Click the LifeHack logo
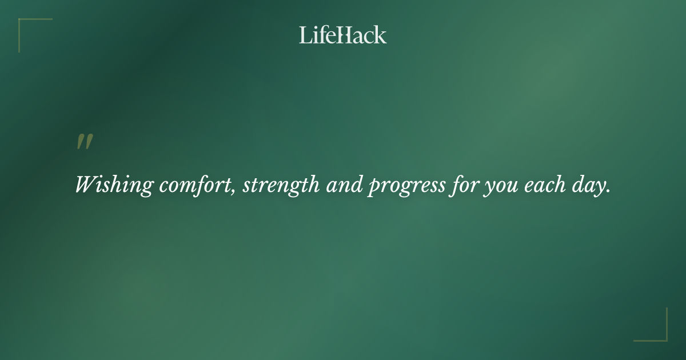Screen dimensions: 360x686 pos(343,35)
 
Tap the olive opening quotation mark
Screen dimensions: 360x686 pos(85,142)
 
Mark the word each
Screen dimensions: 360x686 pos(541,185)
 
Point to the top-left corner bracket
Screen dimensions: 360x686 pos(23,23)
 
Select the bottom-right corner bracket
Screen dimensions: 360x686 pos(663,337)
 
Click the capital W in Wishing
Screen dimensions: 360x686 pos(87,185)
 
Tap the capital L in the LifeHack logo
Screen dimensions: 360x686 pos(305,35)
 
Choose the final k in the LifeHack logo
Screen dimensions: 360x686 pos(381,35)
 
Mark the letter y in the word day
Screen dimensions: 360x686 pos(599,188)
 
